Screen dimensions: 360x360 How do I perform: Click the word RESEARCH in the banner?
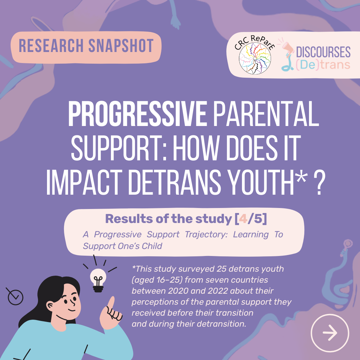tap(51, 45)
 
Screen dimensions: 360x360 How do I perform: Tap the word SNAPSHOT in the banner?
tap(121, 45)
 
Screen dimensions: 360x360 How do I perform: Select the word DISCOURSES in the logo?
tap(323, 52)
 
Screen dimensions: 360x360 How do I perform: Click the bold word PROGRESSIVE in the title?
tap(137, 114)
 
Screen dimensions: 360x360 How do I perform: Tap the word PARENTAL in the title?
tap(266, 114)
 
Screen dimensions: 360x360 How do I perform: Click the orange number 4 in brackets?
tap(243, 219)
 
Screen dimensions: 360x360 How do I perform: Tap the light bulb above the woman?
tap(98, 280)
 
